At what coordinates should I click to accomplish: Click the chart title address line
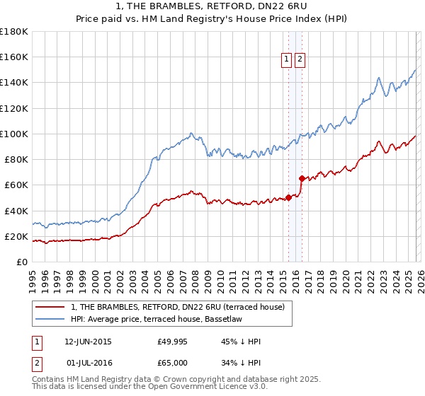pyautogui.click(x=212, y=7)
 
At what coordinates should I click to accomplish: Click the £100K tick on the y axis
pyautogui.click(x=14, y=134)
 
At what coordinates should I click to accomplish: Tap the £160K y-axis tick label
pyautogui.click(x=14, y=57)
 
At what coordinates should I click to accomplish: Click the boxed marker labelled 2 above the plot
pyautogui.click(x=300, y=60)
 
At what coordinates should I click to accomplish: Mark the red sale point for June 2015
pyautogui.click(x=288, y=197)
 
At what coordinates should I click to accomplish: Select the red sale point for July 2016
pyautogui.click(x=302, y=178)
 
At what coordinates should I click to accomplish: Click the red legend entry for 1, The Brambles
pyautogui.click(x=177, y=307)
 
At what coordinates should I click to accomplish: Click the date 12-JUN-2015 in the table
pyautogui.click(x=88, y=342)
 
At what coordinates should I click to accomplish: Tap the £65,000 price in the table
pyautogui.click(x=172, y=363)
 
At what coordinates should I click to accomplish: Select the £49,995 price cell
pyautogui.click(x=172, y=342)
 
